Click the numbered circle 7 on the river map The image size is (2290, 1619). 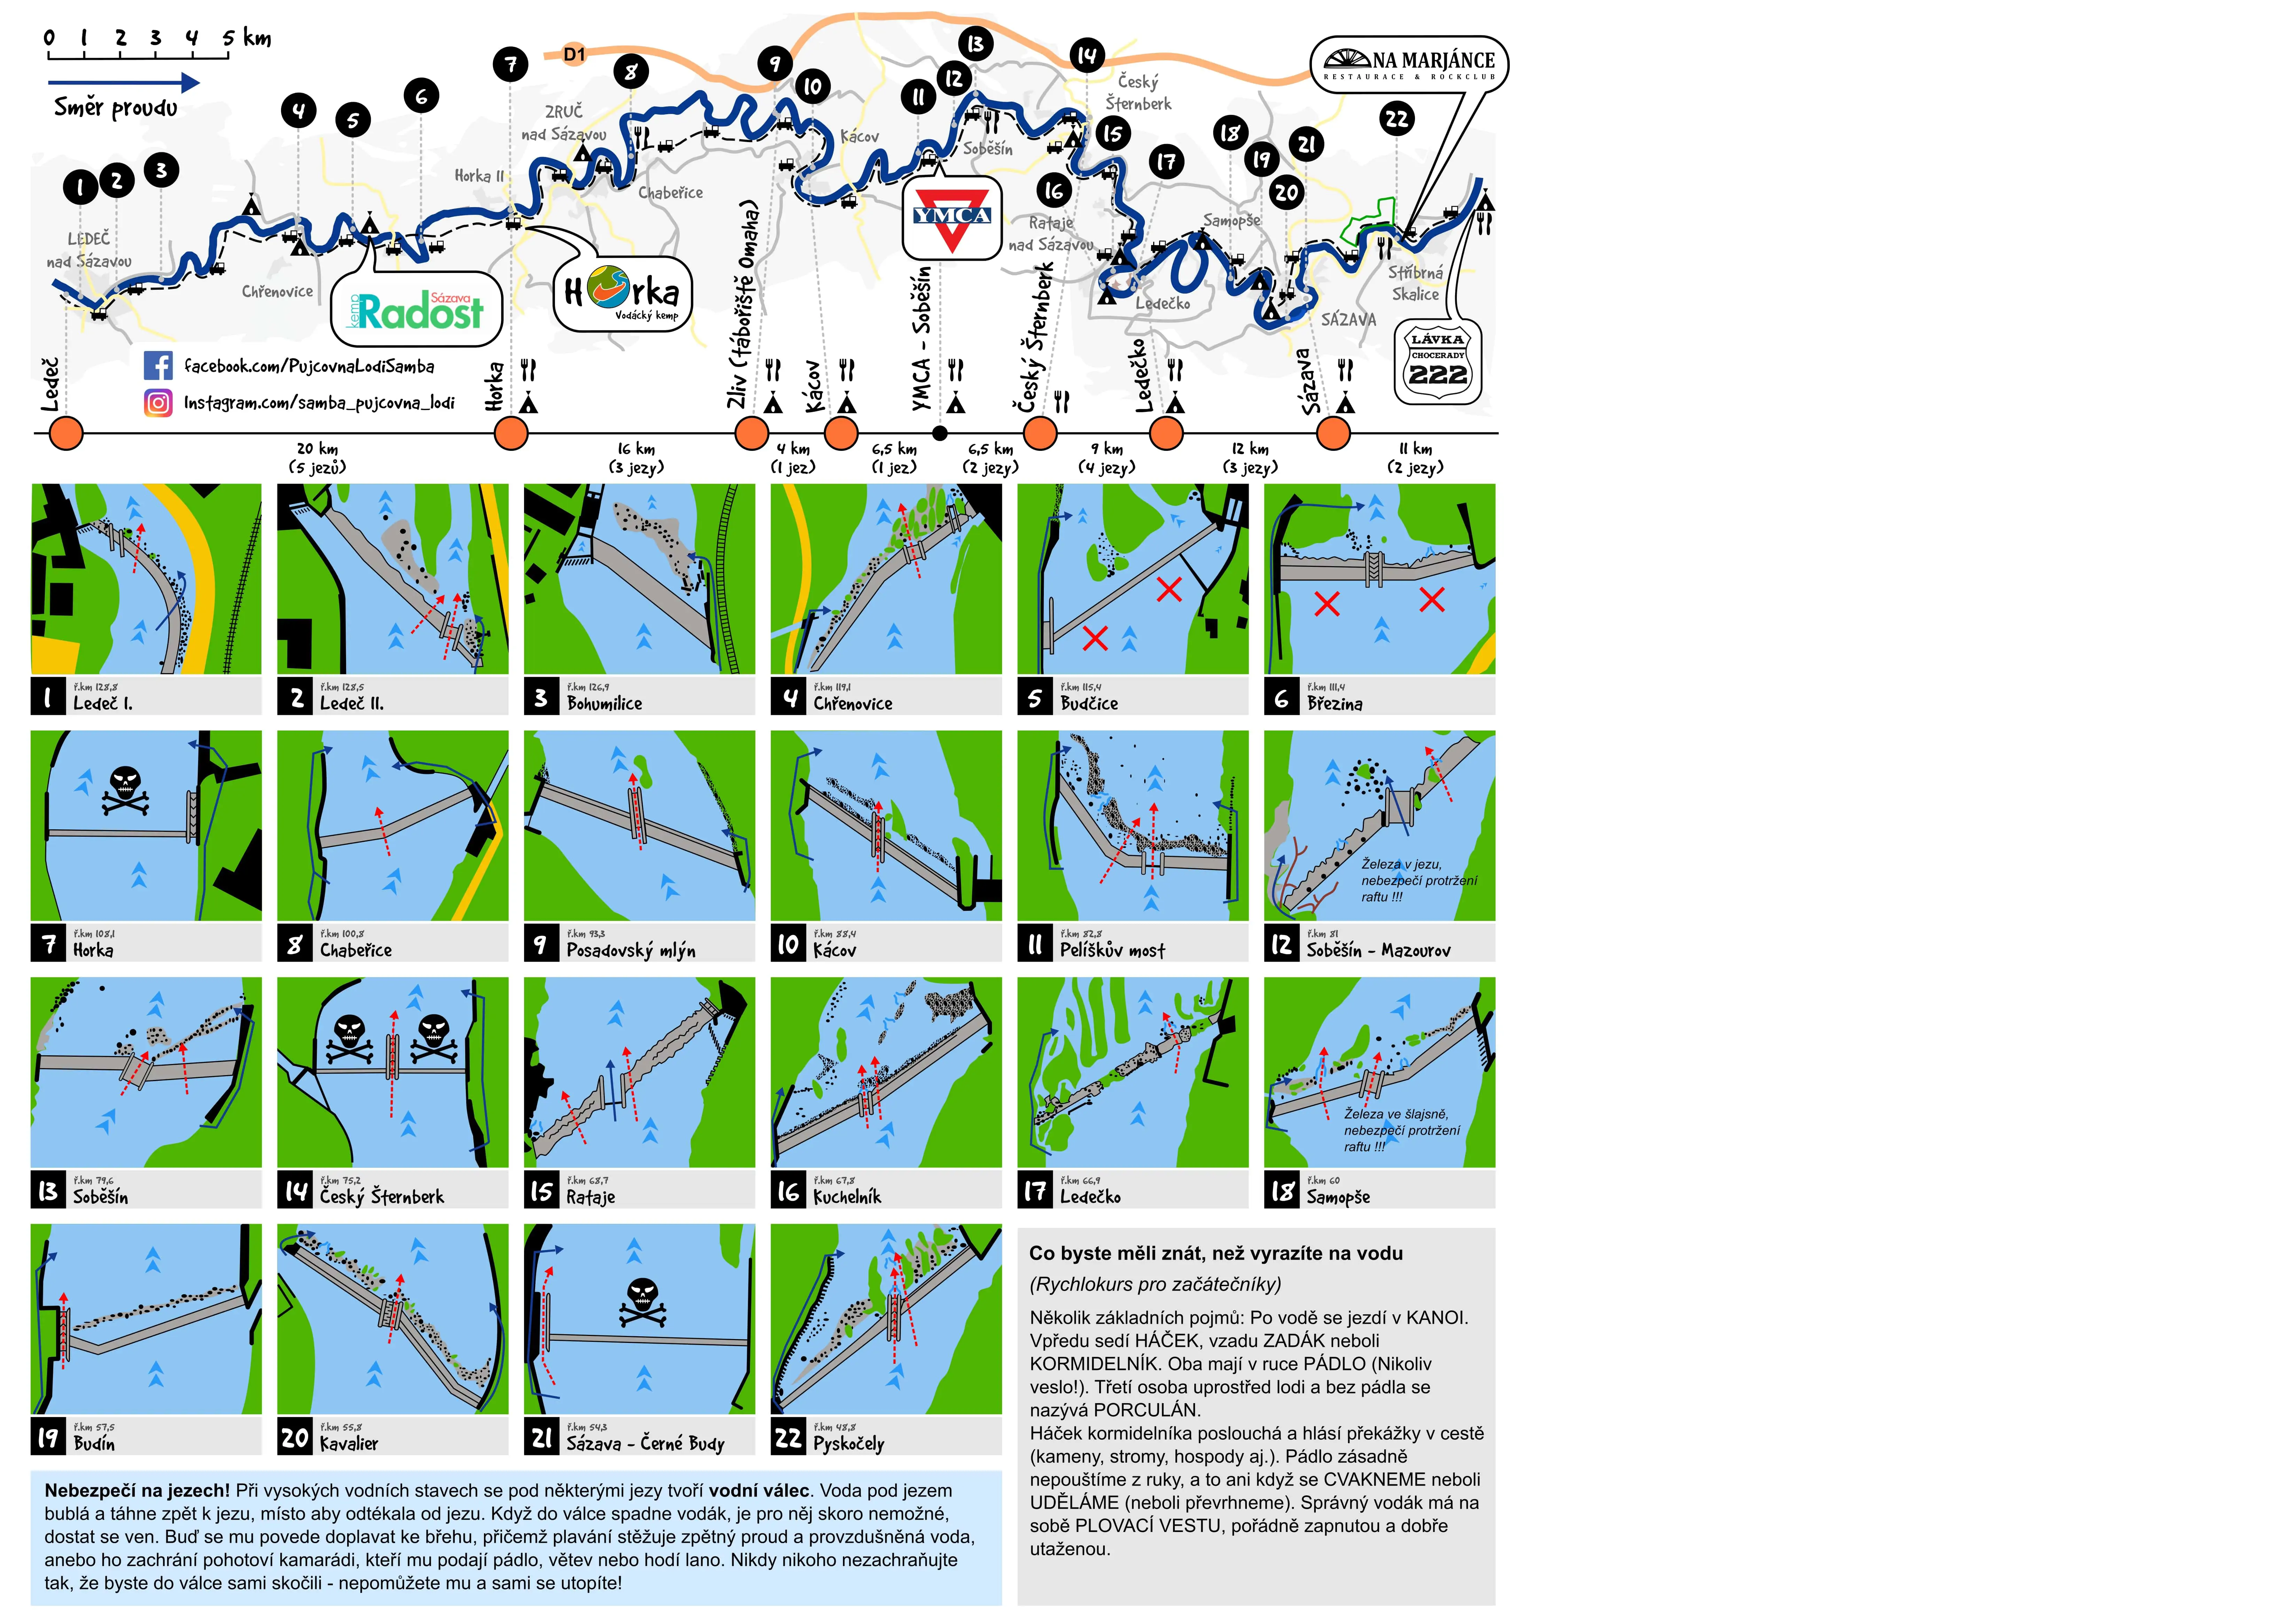(x=511, y=65)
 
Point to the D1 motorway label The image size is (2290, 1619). (x=575, y=55)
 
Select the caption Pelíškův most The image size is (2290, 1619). (x=1112, y=951)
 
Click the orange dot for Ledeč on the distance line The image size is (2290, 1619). (x=66, y=434)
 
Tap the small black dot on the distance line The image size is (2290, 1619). (x=939, y=433)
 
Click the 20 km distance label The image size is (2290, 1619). (x=317, y=449)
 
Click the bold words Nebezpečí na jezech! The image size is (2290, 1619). (x=136, y=1490)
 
